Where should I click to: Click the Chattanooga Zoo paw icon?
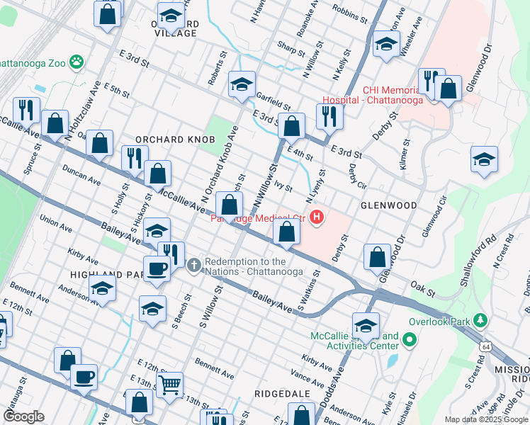pos(75,62)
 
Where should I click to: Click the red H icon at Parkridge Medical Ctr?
pos(317,217)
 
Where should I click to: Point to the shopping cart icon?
pos(169,385)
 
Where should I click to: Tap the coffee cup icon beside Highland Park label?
pos(157,268)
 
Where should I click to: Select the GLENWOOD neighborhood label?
pos(388,205)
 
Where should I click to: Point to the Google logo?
pos(23,416)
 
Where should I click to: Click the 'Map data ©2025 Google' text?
pos(486,419)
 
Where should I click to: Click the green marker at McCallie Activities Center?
pos(410,341)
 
